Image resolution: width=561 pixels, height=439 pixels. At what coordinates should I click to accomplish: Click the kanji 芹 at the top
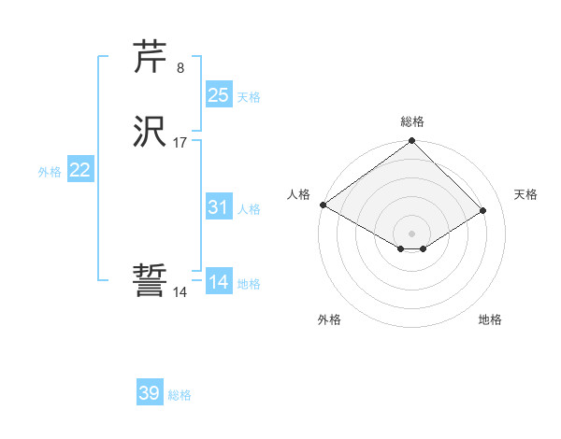[151, 58]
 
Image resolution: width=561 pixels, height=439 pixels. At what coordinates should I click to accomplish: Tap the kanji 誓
[151, 281]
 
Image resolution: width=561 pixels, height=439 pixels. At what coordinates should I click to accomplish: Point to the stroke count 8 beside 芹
[180, 68]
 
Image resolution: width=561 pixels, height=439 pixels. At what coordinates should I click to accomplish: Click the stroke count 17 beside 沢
[180, 143]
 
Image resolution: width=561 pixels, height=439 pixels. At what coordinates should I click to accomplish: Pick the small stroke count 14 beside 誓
[180, 292]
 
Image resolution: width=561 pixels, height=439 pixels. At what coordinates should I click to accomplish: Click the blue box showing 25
[219, 94]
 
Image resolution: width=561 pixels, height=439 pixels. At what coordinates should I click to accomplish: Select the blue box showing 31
[219, 207]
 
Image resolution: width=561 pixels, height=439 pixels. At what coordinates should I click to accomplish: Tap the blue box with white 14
[219, 282]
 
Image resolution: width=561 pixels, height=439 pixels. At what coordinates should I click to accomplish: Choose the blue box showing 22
[80, 170]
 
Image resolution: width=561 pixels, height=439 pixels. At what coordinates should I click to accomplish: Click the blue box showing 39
[150, 393]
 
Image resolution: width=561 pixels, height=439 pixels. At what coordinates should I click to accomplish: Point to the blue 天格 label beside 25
[249, 96]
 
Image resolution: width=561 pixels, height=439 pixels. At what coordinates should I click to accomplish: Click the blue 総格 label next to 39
[180, 395]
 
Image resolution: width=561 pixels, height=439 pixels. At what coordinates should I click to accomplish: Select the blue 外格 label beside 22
[50, 172]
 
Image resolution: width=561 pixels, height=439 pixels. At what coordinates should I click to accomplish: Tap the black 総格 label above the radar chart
[412, 121]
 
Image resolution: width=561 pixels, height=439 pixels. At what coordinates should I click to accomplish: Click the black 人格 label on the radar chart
[298, 194]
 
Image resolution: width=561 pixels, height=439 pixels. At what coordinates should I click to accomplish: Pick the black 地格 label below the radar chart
[490, 319]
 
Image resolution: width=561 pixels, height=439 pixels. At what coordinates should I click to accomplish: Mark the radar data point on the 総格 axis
[412, 142]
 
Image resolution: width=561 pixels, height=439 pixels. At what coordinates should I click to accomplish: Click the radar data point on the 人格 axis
[323, 205]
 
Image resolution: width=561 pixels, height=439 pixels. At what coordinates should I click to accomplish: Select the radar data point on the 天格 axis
[483, 210]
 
